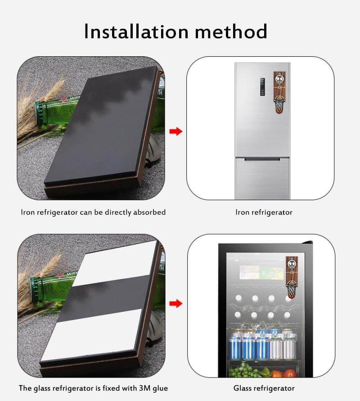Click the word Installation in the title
(136, 31)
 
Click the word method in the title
(231, 31)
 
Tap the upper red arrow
(176, 131)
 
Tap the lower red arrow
(176, 304)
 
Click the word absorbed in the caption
(149, 212)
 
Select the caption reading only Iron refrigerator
(264, 212)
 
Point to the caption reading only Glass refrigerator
(264, 388)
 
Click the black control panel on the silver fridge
(262, 87)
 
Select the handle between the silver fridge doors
(262, 159)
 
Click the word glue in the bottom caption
(160, 388)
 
